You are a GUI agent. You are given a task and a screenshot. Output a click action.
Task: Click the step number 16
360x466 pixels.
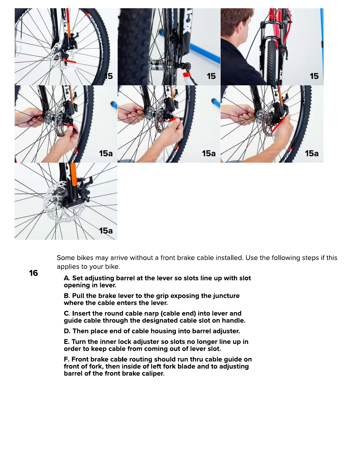(x=34, y=273)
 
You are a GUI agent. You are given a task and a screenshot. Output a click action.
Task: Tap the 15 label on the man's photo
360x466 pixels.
(x=314, y=76)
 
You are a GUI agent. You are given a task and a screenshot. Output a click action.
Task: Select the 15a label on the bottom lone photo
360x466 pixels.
(x=106, y=231)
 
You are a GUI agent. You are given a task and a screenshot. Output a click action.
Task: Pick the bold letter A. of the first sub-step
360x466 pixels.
(x=67, y=278)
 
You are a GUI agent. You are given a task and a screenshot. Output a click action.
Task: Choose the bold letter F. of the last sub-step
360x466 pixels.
(x=67, y=359)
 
